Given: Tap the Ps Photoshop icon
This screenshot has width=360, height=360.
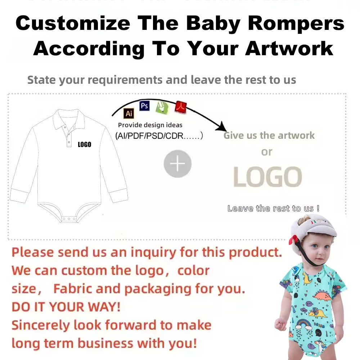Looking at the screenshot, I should pos(144,106).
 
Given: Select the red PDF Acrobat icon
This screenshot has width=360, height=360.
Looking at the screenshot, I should pos(180,107).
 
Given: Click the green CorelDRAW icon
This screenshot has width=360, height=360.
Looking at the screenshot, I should pos(161,107).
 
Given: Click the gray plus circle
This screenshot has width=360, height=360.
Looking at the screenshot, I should pos(177,164).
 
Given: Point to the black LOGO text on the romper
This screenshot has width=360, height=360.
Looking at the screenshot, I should pos(85,144).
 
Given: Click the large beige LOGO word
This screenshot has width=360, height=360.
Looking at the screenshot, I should pos(267,177).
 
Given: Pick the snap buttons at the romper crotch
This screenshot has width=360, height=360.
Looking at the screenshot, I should pos(68,219).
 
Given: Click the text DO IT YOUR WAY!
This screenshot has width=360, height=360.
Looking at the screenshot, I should pos(66,307).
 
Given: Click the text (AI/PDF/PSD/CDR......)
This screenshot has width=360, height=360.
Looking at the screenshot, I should pos(159,136).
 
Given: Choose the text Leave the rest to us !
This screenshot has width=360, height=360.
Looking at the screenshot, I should pos(273,208).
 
